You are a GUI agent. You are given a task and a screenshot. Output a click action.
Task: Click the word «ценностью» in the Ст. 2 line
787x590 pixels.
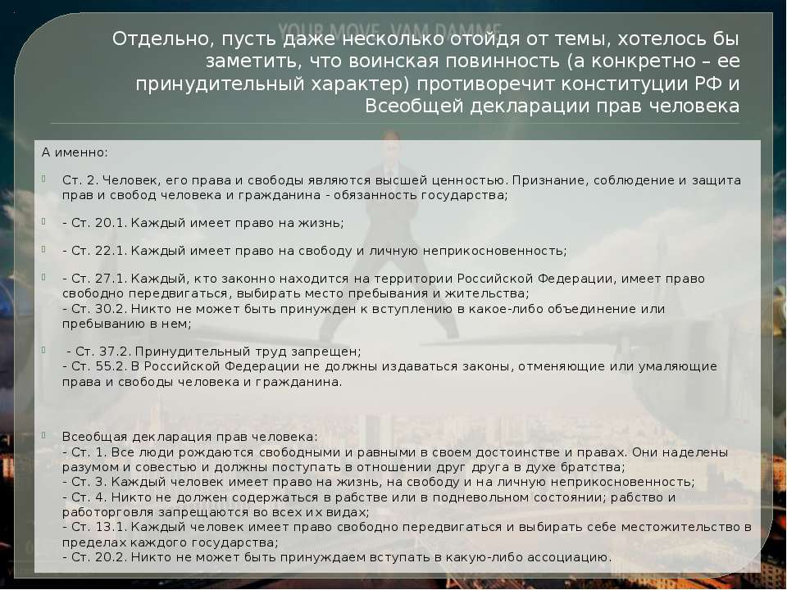tap(458, 180)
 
